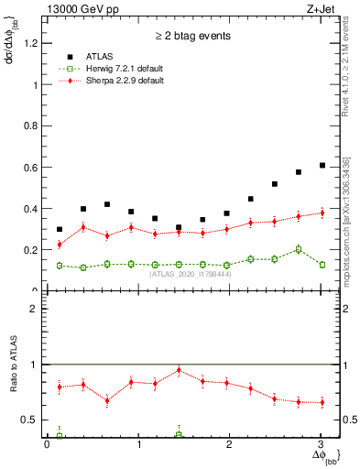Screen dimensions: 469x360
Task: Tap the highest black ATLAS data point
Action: (322, 165)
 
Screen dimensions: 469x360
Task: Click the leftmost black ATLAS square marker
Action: (60, 229)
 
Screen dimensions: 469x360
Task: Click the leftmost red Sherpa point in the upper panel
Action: (60, 245)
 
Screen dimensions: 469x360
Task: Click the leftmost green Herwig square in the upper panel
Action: (60, 266)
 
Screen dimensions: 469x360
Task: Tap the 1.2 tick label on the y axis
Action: (32, 43)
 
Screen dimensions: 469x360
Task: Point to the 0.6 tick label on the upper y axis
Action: (32, 168)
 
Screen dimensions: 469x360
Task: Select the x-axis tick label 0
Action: (47, 444)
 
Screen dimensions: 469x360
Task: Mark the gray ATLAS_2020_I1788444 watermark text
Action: (191, 274)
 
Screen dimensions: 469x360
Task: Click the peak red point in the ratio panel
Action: (179, 370)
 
